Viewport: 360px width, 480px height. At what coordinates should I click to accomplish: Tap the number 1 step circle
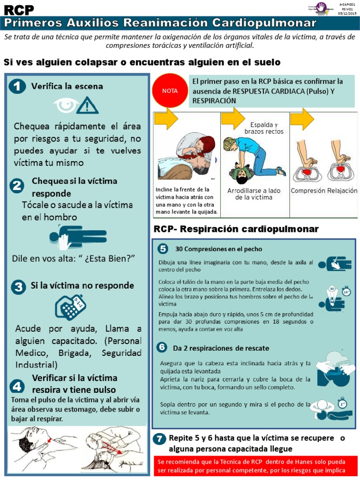pos(17,86)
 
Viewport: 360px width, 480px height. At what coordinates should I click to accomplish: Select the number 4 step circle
pos(17,386)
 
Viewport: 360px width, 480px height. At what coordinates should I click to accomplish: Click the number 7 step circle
pos(160,439)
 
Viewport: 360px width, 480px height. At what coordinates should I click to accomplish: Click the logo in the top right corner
pos(321,7)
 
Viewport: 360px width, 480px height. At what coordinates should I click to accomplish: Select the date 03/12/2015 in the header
pos(347,13)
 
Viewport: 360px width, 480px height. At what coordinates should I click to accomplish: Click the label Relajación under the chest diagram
pos(343,191)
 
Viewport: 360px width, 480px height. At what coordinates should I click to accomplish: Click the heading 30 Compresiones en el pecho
pos(218,249)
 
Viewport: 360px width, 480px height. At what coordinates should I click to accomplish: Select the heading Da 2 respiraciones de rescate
pos(221,348)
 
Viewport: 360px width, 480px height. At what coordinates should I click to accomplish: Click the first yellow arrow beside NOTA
pos(166,118)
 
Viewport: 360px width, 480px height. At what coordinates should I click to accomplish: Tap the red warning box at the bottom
pos(252,466)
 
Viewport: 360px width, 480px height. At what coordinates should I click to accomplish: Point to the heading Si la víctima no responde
pos(82,285)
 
